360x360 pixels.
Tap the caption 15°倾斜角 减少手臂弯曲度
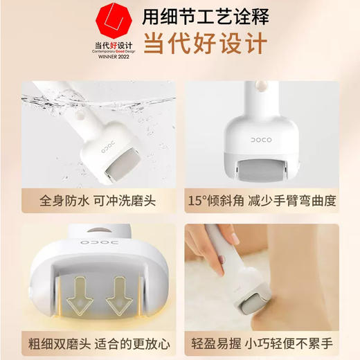[270, 201]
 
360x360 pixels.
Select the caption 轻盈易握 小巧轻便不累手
[270, 341]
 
